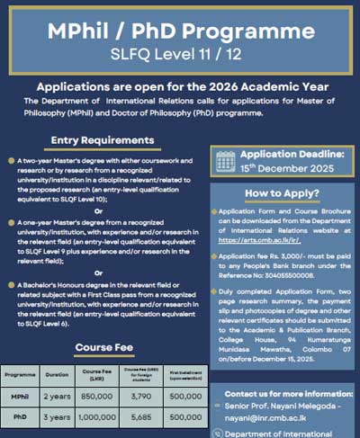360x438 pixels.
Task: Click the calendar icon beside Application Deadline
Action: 226,160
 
